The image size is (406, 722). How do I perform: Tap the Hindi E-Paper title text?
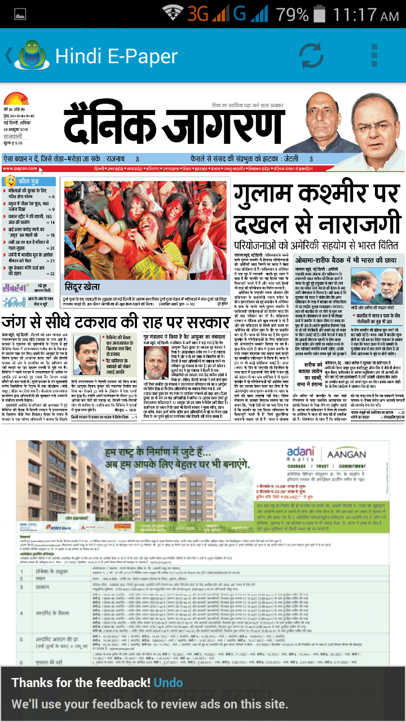pos(116,56)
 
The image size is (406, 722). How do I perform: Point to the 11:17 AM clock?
pos(367,14)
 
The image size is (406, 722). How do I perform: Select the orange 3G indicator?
pos(199,14)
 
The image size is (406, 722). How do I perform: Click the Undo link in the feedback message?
pos(168,683)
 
